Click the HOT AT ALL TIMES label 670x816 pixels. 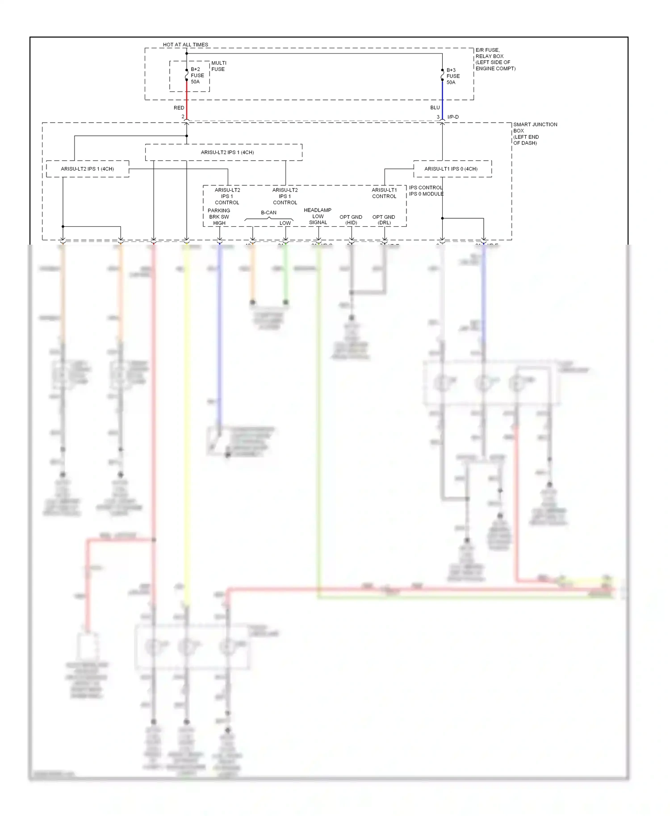point(185,45)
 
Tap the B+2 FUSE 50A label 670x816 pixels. point(197,75)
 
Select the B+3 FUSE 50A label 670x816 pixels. point(452,76)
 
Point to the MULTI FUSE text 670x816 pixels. point(218,66)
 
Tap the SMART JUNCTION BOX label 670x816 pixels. point(535,133)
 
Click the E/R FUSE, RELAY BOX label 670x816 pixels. point(495,59)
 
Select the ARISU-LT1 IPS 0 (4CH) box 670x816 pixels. point(452,169)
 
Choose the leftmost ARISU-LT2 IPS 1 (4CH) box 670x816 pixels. point(88,169)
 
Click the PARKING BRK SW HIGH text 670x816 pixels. point(219,216)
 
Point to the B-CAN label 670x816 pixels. point(268,212)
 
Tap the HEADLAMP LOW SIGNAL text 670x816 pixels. point(318,216)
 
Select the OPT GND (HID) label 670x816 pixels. point(351,220)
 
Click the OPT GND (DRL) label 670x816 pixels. point(384,220)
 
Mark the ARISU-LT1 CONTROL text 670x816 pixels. point(384,193)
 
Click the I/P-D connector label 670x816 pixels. point(453,117)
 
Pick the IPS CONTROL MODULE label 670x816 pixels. point(426,191)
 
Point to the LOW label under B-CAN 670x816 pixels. point(285,223)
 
